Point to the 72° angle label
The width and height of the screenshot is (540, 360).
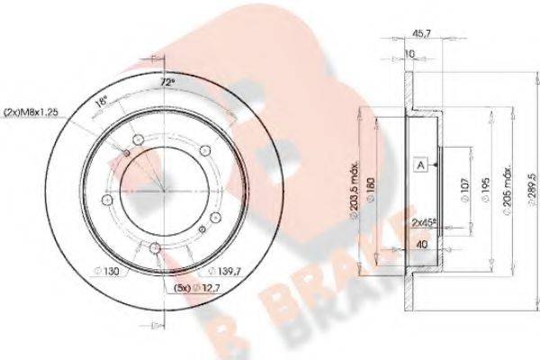coord(164,82)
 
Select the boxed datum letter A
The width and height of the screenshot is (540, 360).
coord(420,166)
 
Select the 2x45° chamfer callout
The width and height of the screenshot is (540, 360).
coord(424,220)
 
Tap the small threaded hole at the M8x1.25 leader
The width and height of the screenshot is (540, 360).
coord(128,152)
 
